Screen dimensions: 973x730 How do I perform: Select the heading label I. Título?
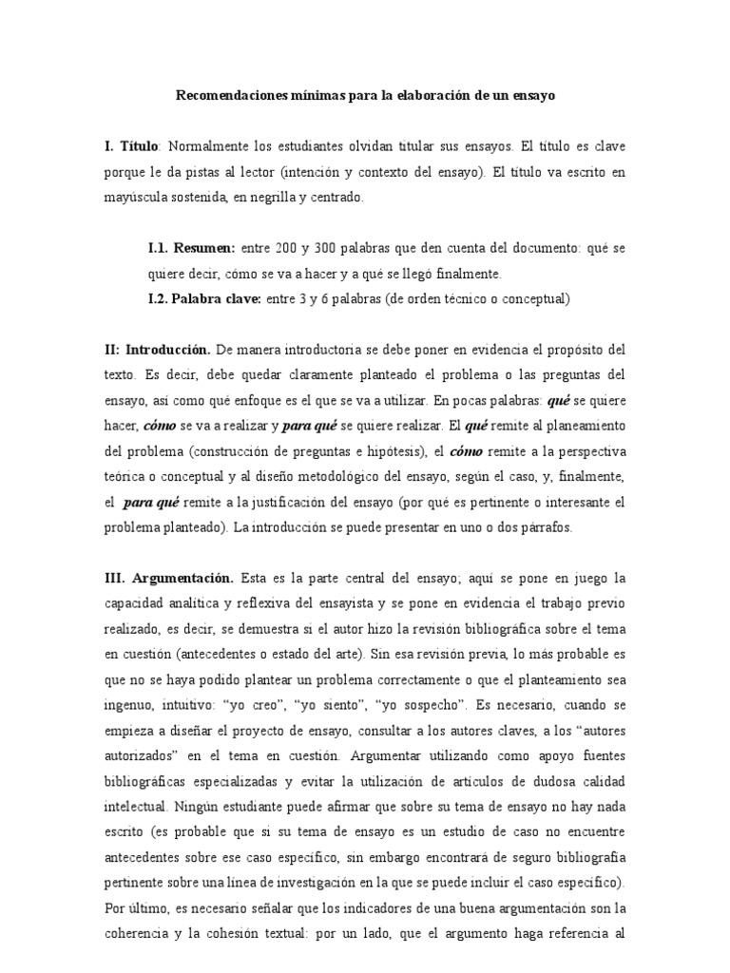pos(133,147)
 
